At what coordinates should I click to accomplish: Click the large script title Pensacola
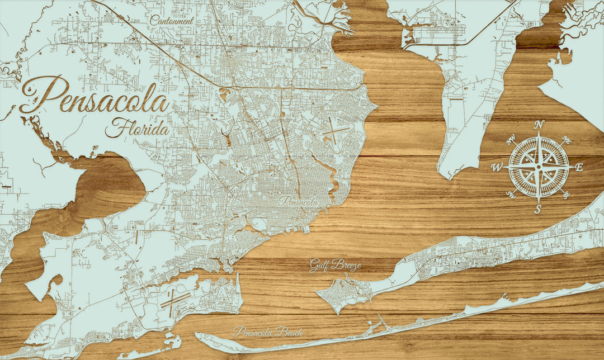[x=95, y=101]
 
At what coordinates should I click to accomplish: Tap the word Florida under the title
[x=137, y=129]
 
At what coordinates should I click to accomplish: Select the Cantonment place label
[x=172, y=21]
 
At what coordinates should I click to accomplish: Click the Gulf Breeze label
[x=335, y=265]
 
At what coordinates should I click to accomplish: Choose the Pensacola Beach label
[x=268, y=331]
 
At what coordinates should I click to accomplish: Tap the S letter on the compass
[x=538, y=210]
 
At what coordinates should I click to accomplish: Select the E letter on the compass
[x=579, y=167]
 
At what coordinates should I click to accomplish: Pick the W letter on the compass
[x=497, y=167]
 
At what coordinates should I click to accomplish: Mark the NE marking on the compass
[x=566, y=140]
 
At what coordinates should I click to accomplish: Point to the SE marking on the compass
[x=566, y=194]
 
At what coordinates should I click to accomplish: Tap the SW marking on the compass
[x=511, y=195]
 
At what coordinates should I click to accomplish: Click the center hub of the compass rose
[x=539, y=167]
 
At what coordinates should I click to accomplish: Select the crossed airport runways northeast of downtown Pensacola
[x=336, y=132]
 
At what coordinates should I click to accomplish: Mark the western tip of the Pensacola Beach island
[x=199, y=336]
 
